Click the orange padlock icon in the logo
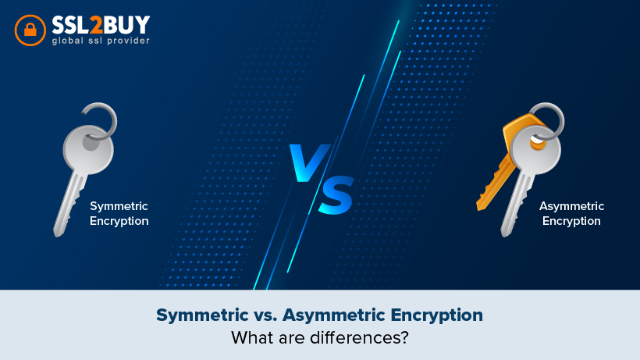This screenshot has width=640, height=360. click(30, 30)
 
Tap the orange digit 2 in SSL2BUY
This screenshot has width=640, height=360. click(95, 25)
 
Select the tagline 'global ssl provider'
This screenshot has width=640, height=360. click(101, 41)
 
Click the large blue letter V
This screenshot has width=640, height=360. click(309, 162)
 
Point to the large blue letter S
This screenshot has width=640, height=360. click(336, 195)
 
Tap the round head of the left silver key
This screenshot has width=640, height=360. click(88, 150)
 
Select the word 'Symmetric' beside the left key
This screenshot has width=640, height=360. click(119, 206)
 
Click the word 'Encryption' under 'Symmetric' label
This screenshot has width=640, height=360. click(119, 221)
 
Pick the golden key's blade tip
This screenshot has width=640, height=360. click(481, 206)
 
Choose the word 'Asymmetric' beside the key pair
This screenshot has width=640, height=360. click(571, 206)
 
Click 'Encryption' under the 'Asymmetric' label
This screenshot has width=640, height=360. click(571, 221)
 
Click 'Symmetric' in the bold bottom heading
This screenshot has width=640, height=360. click(202, 315)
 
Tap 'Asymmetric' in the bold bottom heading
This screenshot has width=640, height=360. click(334, 315)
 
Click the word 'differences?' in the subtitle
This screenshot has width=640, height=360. click(359, 337)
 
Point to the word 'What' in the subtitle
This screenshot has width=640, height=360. click(253, 337)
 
